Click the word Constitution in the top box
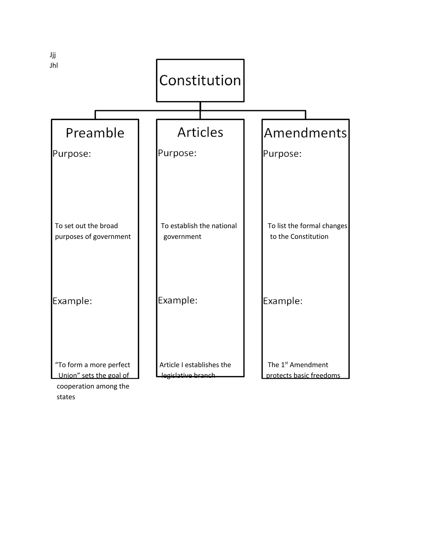200,80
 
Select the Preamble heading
95,133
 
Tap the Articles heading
200,132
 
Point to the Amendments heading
305,133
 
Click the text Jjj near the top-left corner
53,55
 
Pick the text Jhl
54,66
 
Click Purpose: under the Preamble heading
72,154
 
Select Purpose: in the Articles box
177,153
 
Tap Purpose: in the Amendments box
282,154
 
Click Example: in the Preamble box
72,301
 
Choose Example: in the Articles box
178,300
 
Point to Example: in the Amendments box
283,301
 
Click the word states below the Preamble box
66,397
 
